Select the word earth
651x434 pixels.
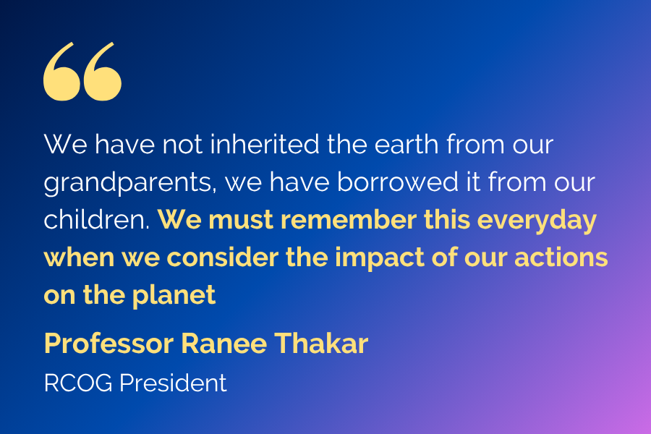[x=407, y=144]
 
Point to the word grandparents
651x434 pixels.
[x=130, y=184]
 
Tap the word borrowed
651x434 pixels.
[x=397, y=182]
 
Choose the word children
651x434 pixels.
[x=96, y=219]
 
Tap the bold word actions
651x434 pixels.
[x=561, y=258]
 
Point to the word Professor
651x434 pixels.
[x=109, y=344]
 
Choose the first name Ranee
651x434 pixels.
[x=224, y=344]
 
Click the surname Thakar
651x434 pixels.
[x=321, y=344]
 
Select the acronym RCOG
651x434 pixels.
[x=78, y=383]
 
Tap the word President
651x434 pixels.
[x=173, y=383]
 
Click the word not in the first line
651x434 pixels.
[x=182, y=145]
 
